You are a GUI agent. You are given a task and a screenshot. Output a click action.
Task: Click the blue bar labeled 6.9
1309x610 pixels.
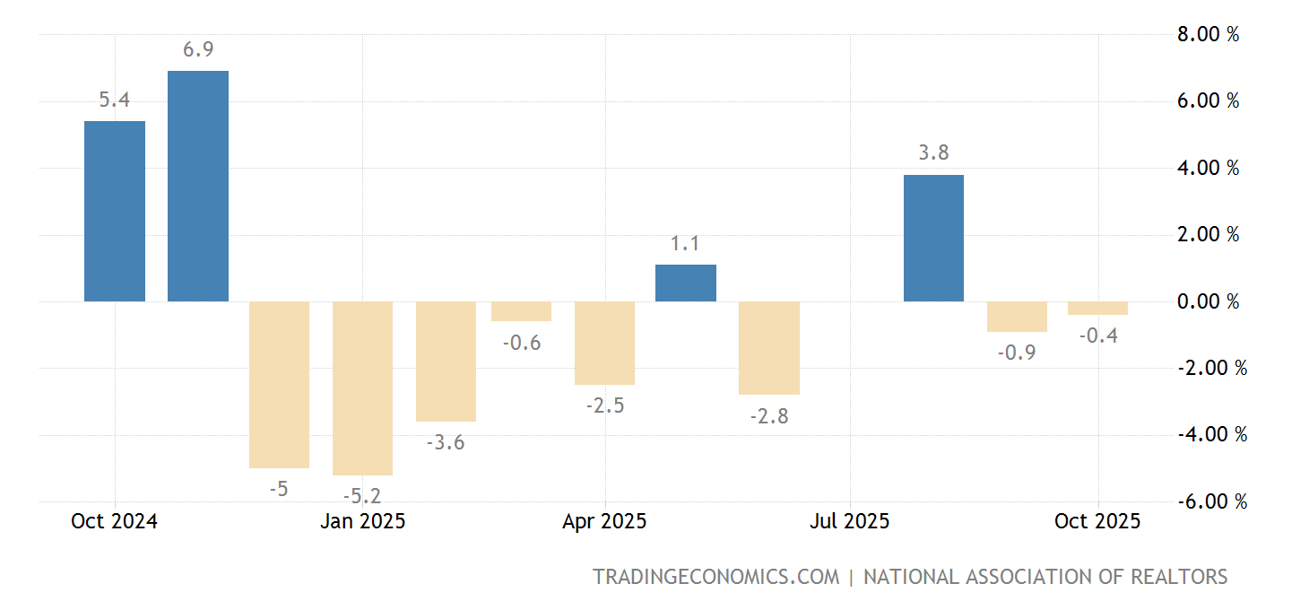pyautogui.click(x=198, y=186)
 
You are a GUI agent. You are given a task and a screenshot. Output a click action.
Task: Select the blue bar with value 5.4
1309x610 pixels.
pyautogui.click(x=115, y=211)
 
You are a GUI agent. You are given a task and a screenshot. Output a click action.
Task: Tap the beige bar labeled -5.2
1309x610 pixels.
pyautogui.click(x=362, y=388)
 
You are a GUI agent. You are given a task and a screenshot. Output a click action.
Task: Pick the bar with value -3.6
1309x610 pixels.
pyautogui.click(x=446, y=361)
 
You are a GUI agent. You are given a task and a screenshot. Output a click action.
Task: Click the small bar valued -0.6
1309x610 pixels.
pyautogui.click(x=521, y=311)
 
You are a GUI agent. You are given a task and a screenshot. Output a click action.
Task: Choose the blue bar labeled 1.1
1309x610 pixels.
pyautogui.click(x=686, y=283)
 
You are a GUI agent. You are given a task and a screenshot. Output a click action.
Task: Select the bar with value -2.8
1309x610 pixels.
pyautogui.click(x=769, y=347)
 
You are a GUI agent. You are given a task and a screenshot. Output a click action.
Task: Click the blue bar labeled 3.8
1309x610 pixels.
pyautogui.click(x=933, y=238)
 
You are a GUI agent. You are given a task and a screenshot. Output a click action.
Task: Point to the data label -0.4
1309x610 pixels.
pyautogui.click(x=1097, y=335)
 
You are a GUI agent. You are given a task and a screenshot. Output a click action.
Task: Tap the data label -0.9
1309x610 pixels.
pyautogui.click(x=1016, y=353)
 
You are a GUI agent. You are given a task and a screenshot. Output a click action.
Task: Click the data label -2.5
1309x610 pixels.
pyautogui.click(x=605, y=405)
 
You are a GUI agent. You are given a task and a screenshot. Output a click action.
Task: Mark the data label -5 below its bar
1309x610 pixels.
pyautogui.click(x=279, y=489)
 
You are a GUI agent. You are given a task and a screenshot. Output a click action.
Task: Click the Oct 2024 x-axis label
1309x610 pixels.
pyautogui.click(x=114, y=521)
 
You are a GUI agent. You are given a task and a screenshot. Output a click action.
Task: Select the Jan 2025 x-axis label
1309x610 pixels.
pyautogui.click(x=362, y=521)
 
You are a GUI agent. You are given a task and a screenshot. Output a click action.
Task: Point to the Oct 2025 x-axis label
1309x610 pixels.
pyautogui.click(x=1097, y=521)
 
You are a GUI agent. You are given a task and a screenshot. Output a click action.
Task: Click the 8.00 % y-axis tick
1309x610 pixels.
pyautogui.click(x=1207, y=35)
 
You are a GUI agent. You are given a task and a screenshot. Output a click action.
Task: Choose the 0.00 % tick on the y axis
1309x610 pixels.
pyautogui.click(x=1207, y=301)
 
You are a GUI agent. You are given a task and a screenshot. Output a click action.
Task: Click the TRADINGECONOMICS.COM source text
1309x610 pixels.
pyautogui.click(x=715, y=577)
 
